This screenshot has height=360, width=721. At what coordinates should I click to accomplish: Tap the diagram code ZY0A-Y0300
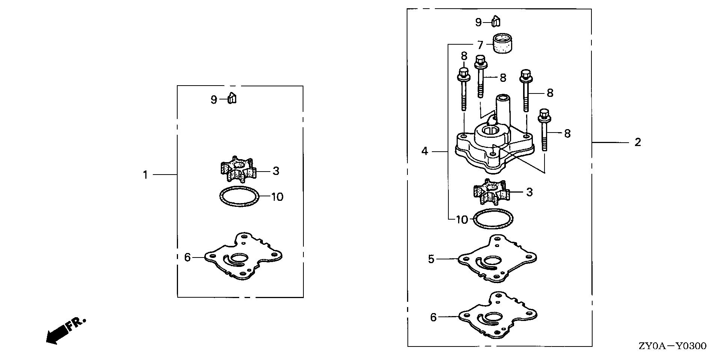coord(672,346)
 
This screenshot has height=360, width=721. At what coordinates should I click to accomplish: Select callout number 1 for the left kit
coord(145,175)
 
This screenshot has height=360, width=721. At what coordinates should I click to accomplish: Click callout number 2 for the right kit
coord(638,142)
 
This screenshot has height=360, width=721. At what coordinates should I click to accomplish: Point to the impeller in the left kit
coord(238,170)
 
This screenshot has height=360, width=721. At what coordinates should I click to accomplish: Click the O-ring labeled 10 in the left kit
coord(239,196)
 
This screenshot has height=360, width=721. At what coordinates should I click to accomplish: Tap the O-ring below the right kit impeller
coord(493,218)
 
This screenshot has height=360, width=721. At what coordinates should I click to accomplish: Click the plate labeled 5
coord(497,259)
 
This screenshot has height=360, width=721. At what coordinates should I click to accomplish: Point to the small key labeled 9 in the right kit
coord(496,22)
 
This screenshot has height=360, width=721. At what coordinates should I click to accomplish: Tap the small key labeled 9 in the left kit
coord(232,99)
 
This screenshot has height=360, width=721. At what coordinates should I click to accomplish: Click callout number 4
coord(425,151)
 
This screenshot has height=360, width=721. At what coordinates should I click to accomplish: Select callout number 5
coord(431,259)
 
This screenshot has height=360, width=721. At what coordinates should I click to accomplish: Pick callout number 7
coord(480,45)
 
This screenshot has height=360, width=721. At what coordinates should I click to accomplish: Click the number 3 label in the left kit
coord(276,171)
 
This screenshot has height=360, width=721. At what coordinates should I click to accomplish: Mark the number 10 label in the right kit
coord(462,220)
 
